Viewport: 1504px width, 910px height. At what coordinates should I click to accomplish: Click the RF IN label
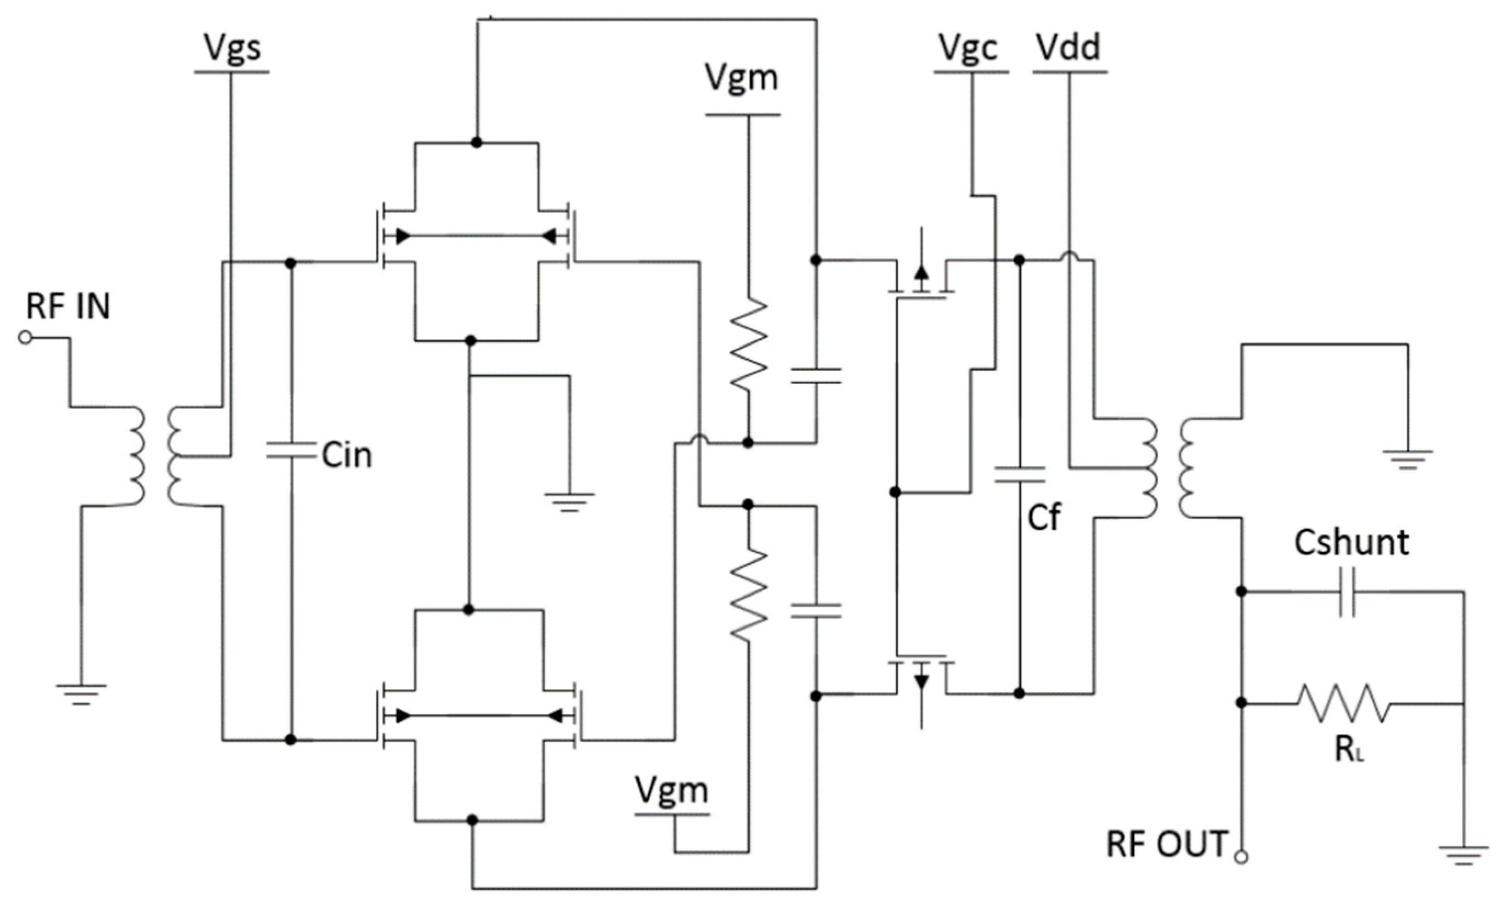68,307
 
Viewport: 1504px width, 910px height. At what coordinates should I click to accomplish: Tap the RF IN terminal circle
25,337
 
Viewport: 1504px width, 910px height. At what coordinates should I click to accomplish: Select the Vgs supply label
232,48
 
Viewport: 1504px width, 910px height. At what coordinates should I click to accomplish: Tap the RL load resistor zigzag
1343,703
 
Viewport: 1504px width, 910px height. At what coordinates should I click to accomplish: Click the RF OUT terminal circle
1241,857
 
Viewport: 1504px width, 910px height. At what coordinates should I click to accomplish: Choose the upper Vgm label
742,78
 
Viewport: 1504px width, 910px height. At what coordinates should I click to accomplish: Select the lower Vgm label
671,790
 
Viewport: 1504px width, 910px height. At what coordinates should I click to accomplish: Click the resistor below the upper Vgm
748,345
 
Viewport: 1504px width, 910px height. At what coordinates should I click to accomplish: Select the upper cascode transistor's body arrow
921,272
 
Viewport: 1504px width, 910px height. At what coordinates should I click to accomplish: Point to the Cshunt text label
1352,542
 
